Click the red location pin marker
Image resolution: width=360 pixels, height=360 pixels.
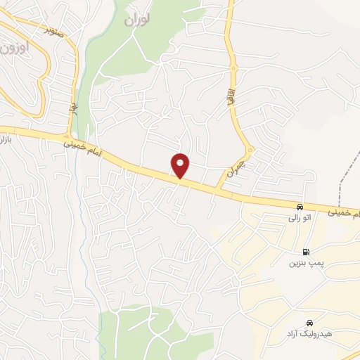coord(181,165)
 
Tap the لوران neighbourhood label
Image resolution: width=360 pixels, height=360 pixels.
coord(138,20)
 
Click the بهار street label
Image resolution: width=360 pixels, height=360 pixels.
coord(73,110)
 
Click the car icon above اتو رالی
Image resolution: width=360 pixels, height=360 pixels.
coord(300,207)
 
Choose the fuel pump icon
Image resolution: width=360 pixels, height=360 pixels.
coord(305,252)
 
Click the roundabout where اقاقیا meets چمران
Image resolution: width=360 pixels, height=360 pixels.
coord(249,149)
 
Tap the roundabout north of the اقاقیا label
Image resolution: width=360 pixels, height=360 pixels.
coord(232,69)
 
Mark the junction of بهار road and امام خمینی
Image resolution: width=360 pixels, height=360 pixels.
coord(68,136)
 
